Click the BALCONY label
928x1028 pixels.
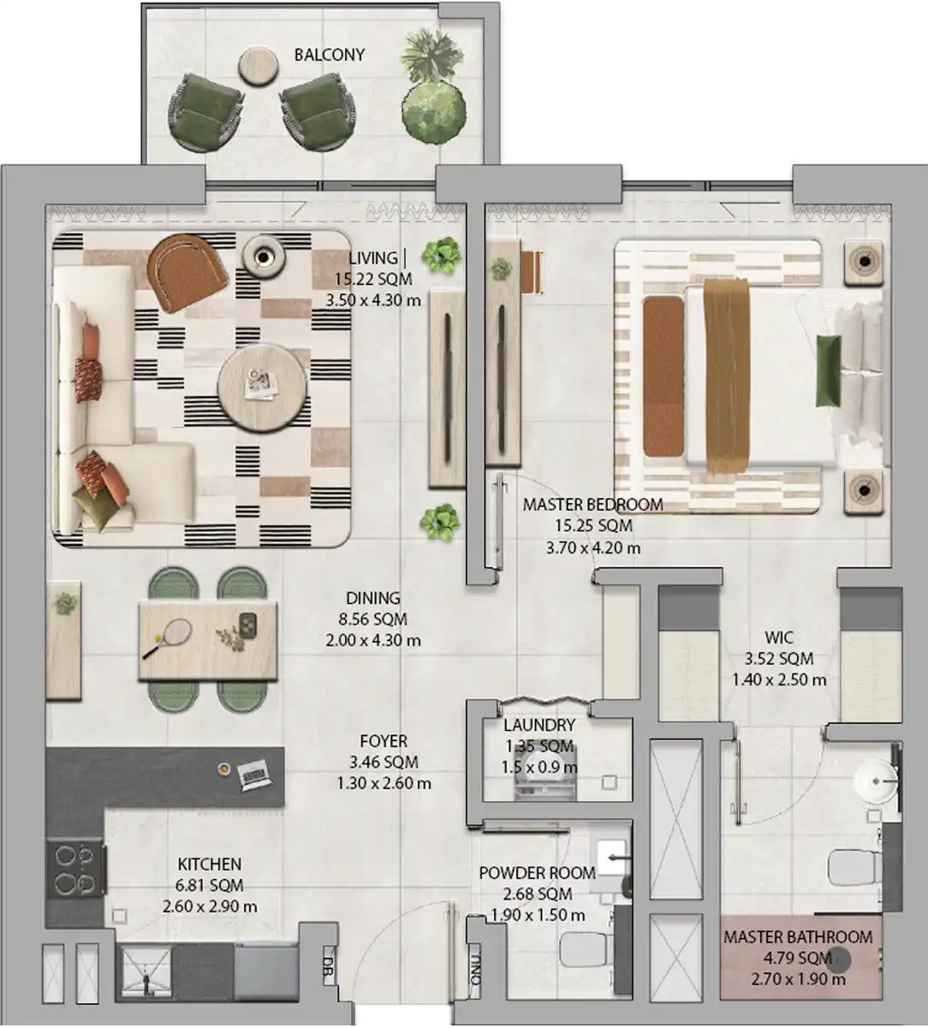(x=330, y=55)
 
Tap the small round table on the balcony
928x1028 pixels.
(x=259, y=67)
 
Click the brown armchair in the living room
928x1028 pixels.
(x=187, y=272)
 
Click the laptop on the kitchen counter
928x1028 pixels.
(x=254, y=773)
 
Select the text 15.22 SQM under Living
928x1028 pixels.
(x=373, y=279)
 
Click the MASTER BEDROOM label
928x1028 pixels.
(x=593, y=505)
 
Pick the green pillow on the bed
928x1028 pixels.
(x=828, y=370)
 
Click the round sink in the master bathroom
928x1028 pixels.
(x=875, y=781)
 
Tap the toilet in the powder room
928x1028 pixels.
(x=586, y=949)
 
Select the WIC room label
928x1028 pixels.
(x=779, y=637)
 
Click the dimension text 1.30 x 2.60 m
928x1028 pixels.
(x=384, y=783)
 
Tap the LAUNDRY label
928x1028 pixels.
(x=539, y=725)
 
